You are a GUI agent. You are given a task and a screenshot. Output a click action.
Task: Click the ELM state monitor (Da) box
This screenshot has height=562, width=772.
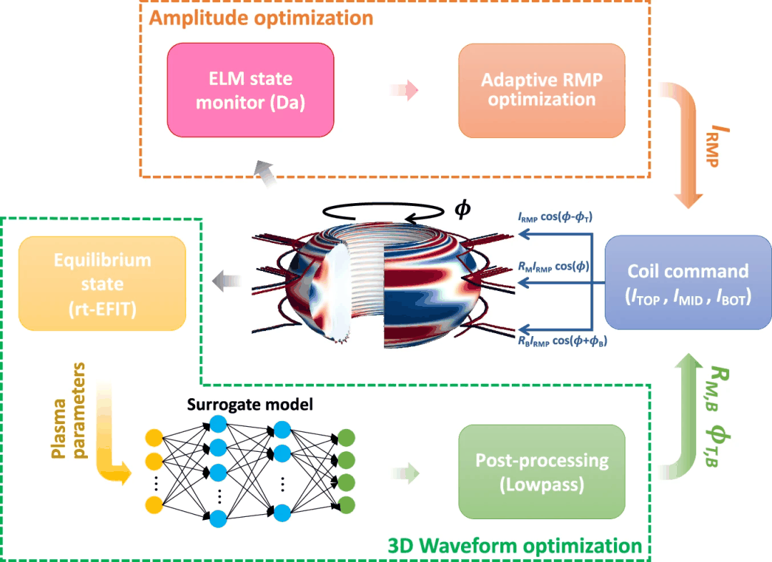(250, 90)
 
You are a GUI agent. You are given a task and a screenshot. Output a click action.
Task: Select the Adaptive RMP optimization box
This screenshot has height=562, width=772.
(541, 90)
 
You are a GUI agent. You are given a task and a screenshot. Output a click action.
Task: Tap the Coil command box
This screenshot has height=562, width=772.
(688, 283)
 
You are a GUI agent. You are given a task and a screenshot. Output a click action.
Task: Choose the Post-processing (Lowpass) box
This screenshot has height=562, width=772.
(541, 472)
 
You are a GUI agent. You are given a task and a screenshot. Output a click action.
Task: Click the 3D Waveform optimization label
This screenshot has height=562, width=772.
(514, 546)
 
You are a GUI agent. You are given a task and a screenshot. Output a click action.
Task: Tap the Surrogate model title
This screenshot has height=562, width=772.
(249, 405)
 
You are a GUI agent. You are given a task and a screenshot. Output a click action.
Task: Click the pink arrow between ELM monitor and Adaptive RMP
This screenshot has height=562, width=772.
(403, 91)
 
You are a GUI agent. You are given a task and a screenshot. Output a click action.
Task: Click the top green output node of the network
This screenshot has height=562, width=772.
(347, 438)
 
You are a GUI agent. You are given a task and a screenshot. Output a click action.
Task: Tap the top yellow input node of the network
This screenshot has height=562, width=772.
(153, 438)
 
